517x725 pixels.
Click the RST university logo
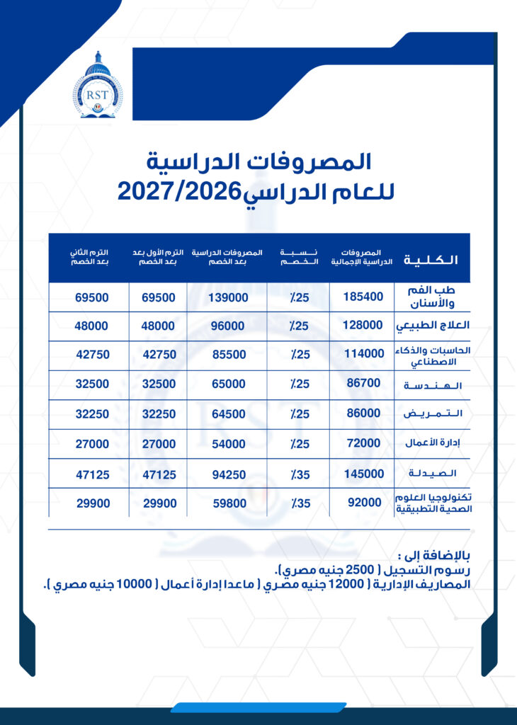pyautogui.click(x=97, y=85)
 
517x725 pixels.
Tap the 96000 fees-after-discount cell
pyautogui.click(x=227, y=326)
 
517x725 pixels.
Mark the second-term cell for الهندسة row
pyautogui.click(x=91, y=384)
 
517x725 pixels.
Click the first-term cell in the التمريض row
pyautogui.click(x=156, y=414)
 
